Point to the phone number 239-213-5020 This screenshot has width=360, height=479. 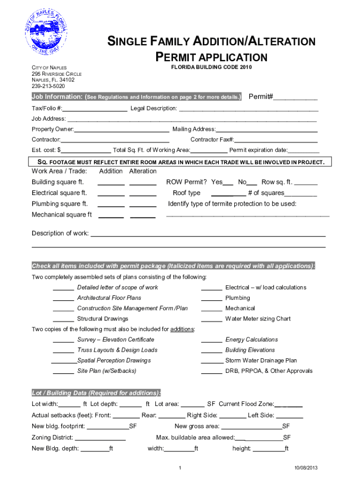48,86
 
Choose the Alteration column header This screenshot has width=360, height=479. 143,171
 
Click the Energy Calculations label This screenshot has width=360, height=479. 252,340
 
